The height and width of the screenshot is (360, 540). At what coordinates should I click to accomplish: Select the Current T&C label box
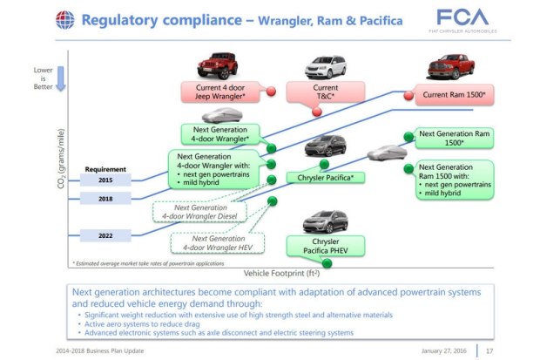pos(325,92)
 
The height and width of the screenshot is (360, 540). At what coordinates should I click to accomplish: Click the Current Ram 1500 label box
pos(453,93)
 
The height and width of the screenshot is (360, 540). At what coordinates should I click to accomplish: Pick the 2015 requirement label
pos(105,180)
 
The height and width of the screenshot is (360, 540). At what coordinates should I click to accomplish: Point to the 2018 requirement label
pos(105,199)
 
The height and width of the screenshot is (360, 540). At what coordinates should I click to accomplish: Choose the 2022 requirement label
pos(105,235)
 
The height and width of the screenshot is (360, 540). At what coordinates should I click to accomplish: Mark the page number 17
pos(515,351)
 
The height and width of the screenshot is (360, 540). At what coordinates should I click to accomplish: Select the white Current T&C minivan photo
pos(324,66)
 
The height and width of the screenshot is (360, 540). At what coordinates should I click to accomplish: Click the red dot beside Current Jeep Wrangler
pos(270,91)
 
